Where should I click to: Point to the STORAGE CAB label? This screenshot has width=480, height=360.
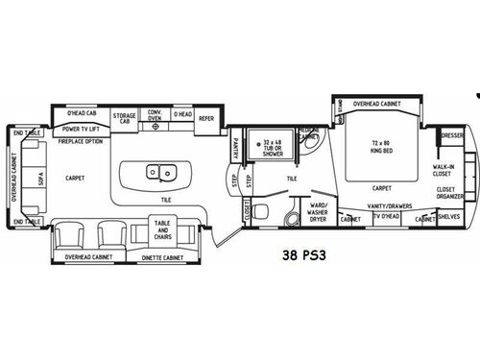pos(124,116)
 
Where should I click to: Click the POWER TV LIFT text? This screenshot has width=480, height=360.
pos(83,128)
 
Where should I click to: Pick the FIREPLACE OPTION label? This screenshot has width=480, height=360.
pos(81,141)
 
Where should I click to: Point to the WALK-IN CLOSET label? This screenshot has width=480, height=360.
pos(444,170)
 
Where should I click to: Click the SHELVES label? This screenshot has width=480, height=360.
pos(448,217)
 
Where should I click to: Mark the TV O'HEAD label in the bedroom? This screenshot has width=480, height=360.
pos(388,218)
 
